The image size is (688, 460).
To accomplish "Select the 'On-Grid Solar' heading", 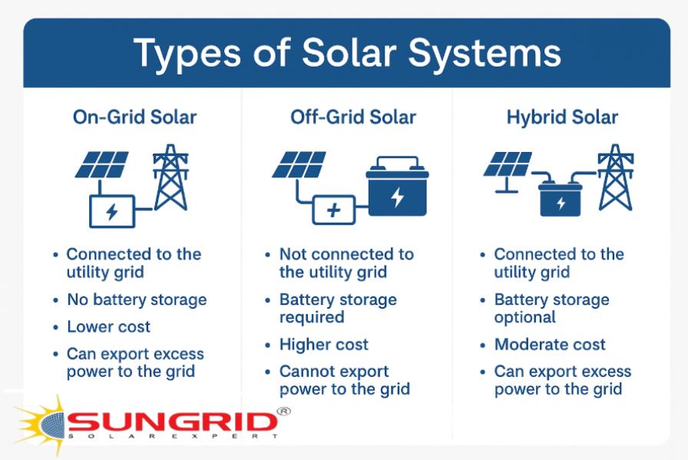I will [134, 117].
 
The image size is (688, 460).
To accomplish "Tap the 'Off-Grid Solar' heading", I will [353, 117].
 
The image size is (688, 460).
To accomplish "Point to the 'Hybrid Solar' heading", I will [562, 117].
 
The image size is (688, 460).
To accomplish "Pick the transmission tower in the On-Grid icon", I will [170, 178].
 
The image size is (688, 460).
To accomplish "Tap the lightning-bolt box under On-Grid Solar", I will [112, 211].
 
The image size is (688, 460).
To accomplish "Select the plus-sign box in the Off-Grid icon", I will [333, 210].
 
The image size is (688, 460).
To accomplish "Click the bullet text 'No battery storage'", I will [137, 299].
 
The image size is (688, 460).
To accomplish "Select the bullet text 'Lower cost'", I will [109, 326].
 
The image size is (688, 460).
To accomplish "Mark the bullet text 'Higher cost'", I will [323, 345].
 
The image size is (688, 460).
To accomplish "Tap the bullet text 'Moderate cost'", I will [550, 345].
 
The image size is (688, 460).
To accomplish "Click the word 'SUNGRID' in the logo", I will [172, 422].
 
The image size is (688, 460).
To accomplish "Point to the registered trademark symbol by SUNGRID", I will [283, 412].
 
